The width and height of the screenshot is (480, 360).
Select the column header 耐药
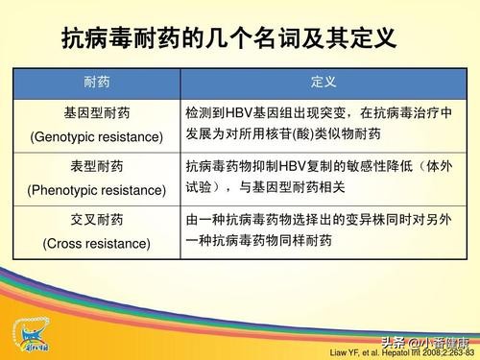pos(96,84)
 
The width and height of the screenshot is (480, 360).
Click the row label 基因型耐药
pos(96,112)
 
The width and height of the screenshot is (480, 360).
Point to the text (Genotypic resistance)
pos(96,135)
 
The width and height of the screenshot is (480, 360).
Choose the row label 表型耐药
pos(96,166)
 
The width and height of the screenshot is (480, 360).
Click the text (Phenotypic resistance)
pos(96,189)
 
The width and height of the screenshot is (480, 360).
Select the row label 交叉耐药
pos(96,220)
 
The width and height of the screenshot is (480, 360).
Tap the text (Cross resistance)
pos(96,243)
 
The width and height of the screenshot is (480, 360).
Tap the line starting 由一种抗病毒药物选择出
pos(319,220)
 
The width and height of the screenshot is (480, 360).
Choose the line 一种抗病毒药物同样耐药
pos(258,241)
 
